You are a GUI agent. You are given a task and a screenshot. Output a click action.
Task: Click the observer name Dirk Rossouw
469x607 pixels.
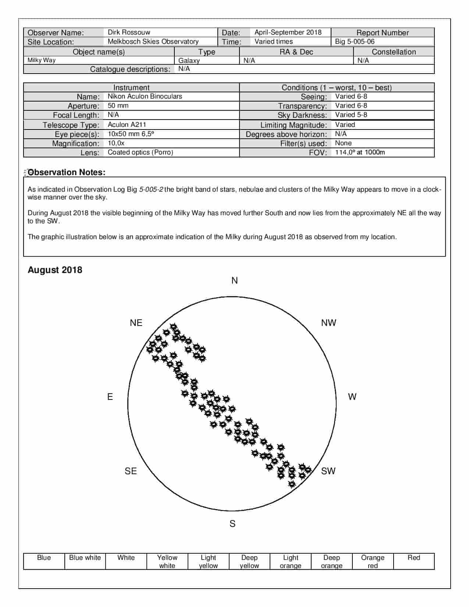129,32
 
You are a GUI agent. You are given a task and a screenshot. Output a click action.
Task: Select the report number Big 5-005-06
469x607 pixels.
355,42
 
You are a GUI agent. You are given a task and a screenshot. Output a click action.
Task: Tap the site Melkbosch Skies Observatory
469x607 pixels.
153,42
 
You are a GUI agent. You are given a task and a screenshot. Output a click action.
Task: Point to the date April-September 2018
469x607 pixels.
288,32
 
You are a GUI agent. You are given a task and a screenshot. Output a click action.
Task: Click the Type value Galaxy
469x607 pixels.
189,61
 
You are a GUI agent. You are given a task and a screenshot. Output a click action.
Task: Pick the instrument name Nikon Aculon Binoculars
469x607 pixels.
145,96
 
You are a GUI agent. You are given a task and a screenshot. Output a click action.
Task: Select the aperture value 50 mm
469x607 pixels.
118,106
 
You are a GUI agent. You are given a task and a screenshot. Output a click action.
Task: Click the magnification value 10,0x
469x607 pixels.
116,143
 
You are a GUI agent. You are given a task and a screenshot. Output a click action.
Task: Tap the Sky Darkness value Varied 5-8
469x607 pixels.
351,115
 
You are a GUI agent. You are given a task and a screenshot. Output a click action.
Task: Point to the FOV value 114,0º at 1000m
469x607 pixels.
360,152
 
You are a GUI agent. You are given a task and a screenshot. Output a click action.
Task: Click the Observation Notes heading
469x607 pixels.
67,172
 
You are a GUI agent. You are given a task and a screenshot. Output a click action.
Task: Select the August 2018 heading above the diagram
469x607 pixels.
55,270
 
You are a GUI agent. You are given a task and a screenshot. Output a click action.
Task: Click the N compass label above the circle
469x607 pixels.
235,281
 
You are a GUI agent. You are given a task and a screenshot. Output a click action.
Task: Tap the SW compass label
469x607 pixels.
328,471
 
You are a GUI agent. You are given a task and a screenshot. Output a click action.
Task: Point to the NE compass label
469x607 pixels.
136,323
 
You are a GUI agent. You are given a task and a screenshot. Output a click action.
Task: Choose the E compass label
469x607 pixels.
110,397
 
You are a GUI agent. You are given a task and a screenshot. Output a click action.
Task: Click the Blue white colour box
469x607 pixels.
85,561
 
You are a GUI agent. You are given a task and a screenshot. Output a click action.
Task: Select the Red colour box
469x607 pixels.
414,561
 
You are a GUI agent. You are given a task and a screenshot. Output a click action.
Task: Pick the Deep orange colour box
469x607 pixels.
331,561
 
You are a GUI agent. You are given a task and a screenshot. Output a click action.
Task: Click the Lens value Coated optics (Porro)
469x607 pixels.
140,152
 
